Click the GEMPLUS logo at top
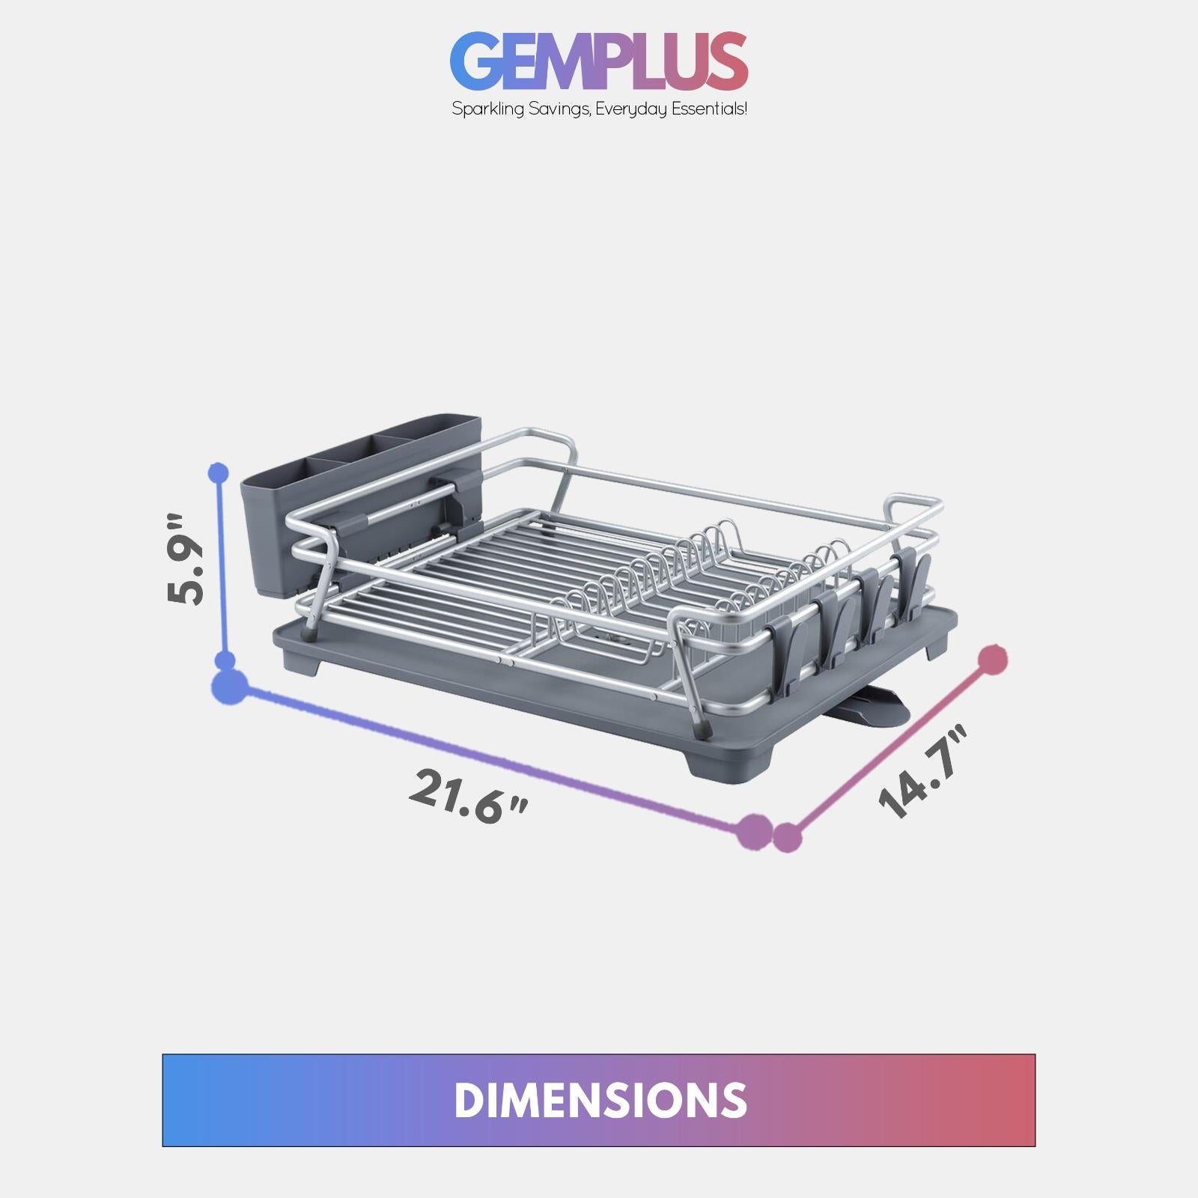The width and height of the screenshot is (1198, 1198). pyautogui.click(x=599, y=61)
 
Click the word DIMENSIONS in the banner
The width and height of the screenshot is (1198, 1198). pyautogui.click(x=599, y=1100)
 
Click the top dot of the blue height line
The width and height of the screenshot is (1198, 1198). pyautogui.click(x=219, y=472)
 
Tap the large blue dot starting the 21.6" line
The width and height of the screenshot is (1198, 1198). pyautogui.click(x=229, y=687)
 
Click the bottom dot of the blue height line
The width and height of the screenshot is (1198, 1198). pyautogui.click(x=225, y=661)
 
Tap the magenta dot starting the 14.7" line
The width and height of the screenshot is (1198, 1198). pyautogui.click(x=787, y=837)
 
